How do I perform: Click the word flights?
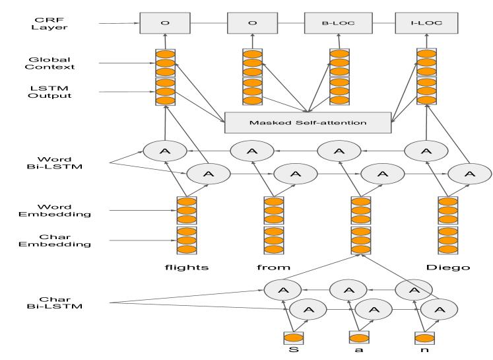point(186,268)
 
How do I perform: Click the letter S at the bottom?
point(293,348)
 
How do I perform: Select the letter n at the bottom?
point(422,348)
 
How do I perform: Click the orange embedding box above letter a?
point(357,338)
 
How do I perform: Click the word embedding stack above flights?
point(186,211)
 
